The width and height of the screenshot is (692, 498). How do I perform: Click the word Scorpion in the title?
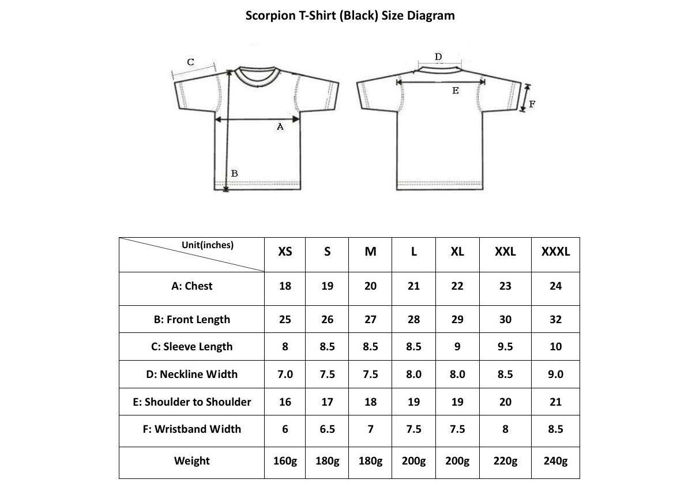point(270,16)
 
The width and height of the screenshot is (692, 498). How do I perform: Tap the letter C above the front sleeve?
point(191,62)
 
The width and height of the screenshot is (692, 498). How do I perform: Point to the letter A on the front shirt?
point(280,126)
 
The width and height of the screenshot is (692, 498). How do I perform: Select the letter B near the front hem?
point(235,174)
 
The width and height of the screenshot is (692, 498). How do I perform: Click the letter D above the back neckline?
point(438,57)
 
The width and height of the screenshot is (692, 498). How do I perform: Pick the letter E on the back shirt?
point(456,91)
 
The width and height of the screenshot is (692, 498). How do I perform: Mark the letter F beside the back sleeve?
point(532,104)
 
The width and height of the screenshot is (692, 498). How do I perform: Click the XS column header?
point(285,252)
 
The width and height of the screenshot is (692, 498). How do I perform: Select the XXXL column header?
point(555,252)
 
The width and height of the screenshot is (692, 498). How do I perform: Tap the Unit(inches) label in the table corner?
point(208,245)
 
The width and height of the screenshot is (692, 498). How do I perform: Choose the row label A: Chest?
point(192,286)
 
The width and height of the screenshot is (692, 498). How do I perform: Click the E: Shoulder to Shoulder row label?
point(192,402)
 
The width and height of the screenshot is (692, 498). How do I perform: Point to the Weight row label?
point(192,461)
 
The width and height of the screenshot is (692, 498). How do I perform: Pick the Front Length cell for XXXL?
point(555,319)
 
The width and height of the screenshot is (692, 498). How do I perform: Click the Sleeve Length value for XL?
point(457,347)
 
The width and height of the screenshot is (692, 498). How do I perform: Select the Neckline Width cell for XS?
point(285,375)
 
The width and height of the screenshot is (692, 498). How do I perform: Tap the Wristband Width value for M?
point(370,429)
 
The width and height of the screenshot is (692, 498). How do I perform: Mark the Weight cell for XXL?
point(505,461)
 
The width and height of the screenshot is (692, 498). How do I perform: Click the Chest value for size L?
point(413,286)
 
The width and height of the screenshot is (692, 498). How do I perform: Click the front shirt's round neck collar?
point(257,85)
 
